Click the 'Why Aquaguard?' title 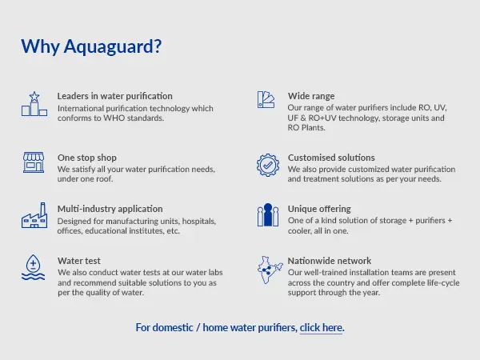[91, 47]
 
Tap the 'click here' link [321, 327]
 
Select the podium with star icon [34, 104]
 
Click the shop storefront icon [34, 162]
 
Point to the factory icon [34, 215]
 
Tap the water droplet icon [33, 267]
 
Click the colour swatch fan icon [266, 99]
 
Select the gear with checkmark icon [268, 165]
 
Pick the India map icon [270, 270]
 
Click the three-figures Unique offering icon [268, 215]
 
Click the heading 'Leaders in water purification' [114, 96]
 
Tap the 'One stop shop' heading [87, 158]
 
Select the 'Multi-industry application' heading [110, 209]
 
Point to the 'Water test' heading [79, 261]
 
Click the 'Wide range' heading [311, 96]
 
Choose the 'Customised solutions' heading [331, 158]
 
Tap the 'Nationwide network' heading [330, 261]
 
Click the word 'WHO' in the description [114, 118]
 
